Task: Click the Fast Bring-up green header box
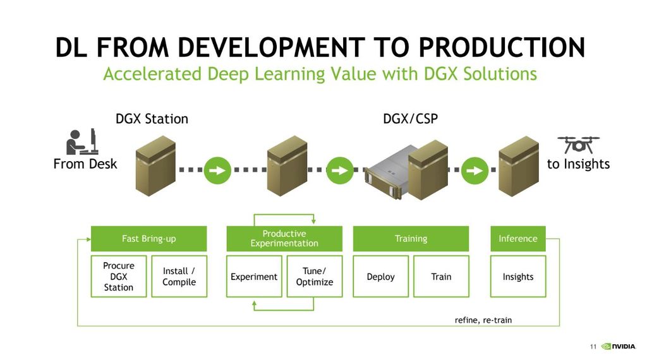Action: (148, 239)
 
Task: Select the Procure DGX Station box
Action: (119, 277)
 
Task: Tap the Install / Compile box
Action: (179, 277)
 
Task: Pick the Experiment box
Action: (254, 277)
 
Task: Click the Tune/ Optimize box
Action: (315, 277)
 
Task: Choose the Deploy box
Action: (380, 277)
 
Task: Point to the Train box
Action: (441, 277)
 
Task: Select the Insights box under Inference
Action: (518, 277)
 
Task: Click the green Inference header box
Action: (518, 239)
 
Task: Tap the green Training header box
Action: (411, 239)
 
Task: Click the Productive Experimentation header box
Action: (284, 239)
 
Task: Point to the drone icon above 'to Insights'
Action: (578, 145)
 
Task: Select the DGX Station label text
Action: (152, 119)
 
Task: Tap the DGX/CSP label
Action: (410, 119)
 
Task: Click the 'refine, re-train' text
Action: (483, 320)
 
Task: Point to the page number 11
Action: (593, 346)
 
